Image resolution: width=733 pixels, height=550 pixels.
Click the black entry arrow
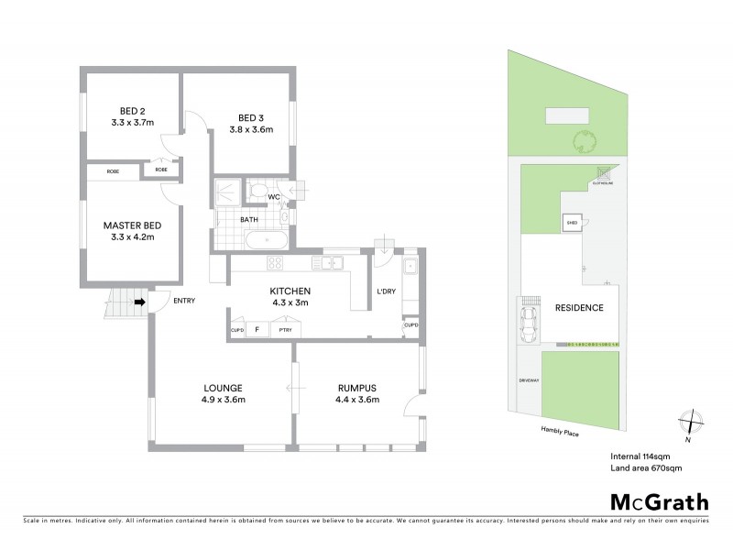[x=139, y=301]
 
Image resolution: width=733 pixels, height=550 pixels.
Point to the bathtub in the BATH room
[x=266, y=241]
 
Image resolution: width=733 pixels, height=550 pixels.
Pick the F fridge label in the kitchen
[x=257, y=329]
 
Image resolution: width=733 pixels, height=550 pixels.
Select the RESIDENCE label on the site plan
[x=580, y=308]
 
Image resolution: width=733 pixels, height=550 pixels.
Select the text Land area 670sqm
[x=647, y=467]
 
